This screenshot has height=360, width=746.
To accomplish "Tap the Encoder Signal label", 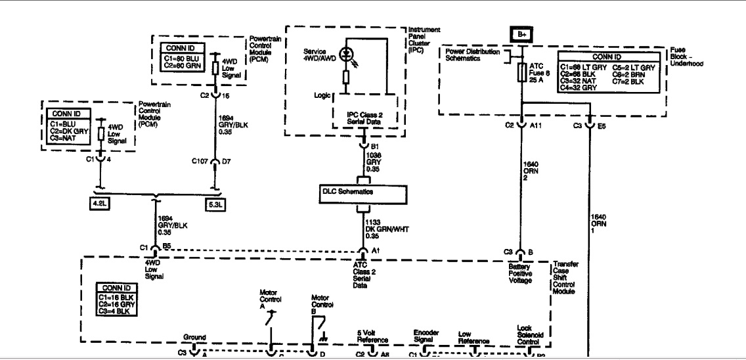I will (426, 336).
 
